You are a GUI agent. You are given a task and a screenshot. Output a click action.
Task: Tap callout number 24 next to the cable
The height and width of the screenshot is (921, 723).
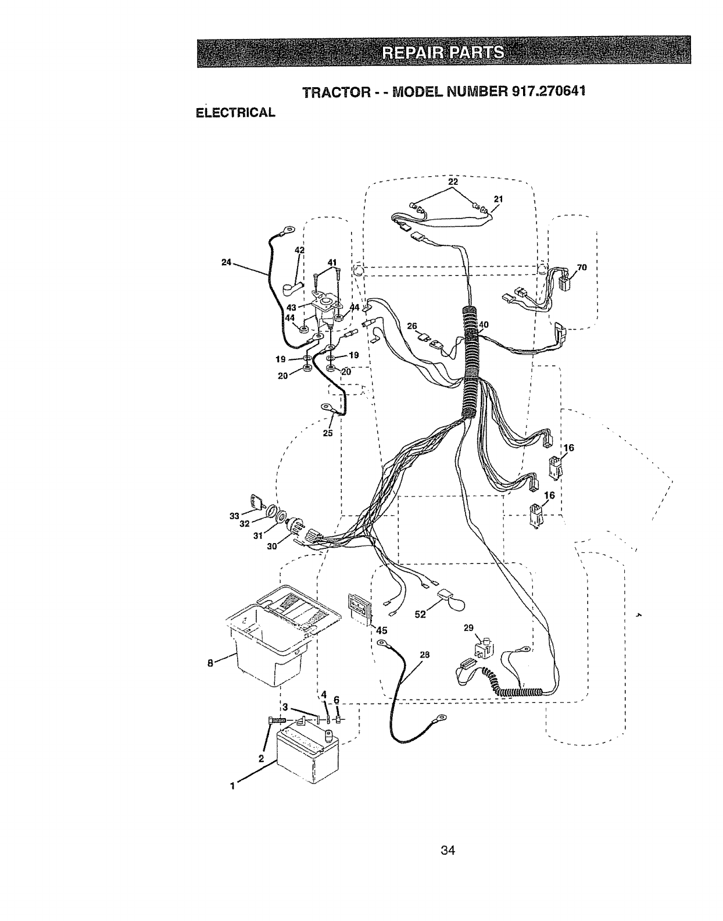click(227, 263)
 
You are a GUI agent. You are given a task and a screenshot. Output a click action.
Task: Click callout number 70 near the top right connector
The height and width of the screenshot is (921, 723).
click(581, 268)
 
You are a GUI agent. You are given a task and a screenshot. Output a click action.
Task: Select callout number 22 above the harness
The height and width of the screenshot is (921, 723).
click(453, 182)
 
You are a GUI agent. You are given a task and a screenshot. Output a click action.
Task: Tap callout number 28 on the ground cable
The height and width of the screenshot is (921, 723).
click(424, 655)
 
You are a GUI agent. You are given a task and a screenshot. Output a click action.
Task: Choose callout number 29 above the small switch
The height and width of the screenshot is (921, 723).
click(469, 627)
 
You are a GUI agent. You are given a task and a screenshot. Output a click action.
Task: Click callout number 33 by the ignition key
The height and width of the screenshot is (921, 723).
click(234, 515)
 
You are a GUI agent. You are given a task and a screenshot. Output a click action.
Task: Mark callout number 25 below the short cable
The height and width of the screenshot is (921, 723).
click(328, 433)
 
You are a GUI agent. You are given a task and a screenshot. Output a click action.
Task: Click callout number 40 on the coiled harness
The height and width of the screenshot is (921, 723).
click(484, 324)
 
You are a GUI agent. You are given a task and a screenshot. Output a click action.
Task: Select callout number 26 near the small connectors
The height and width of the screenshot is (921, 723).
click(412, 327)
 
